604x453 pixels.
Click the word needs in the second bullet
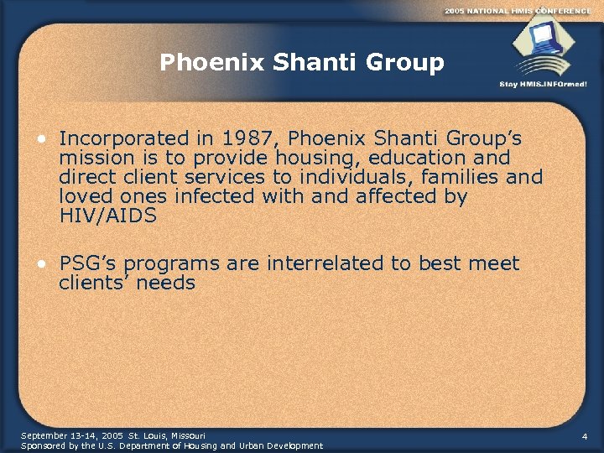[165, 284]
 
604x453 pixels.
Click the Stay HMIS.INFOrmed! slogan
[543, 84]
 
